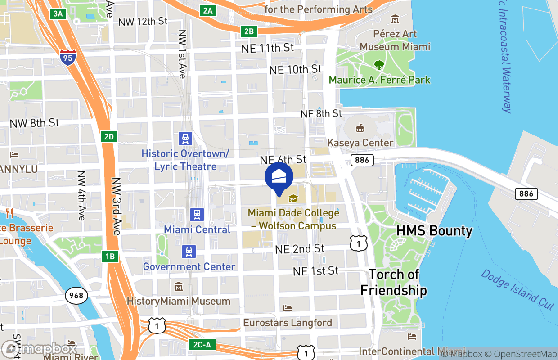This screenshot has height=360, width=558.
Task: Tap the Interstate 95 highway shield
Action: tap(67, 57)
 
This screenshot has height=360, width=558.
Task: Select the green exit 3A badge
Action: tap(58, 13)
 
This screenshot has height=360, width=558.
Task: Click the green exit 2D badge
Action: tap(109, 136)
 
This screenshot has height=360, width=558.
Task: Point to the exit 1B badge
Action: tap(110, 257)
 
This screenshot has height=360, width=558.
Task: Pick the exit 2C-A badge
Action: tap(202, 345)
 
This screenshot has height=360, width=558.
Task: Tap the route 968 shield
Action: tap(76, 295)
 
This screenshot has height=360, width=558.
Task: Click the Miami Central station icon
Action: tap(197, 214)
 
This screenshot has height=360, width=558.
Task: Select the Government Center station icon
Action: tap(189, 252)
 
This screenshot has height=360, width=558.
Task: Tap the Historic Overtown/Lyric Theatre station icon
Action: tap(185, 138)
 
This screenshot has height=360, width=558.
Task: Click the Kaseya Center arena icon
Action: tap(360, 129)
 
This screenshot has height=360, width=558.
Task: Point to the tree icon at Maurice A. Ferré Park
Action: tap(379, 65)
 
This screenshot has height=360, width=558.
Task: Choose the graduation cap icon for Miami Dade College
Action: tap(293, 198)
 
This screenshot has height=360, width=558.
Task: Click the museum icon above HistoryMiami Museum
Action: tap(179, 286)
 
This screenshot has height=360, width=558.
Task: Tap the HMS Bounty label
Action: tap(434, 231)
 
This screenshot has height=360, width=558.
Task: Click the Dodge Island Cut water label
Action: tap(517, 289)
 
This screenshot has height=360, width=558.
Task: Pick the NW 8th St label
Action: tap(35, 122)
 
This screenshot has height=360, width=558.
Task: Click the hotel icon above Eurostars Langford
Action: tap(288, 308)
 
